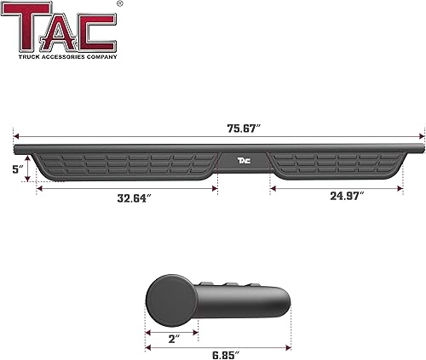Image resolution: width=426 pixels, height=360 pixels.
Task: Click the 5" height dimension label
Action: [x=16, y=169]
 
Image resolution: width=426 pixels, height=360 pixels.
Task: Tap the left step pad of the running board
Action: [x=128, y=163]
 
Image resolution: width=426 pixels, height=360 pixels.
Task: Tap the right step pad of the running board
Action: [x=337, y=163]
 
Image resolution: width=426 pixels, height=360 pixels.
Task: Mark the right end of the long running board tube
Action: [x=419, y=146]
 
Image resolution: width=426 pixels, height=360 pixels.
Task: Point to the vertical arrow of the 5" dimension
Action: [x=29, y=168]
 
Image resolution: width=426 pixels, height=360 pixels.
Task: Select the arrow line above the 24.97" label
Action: [x=337, y=186]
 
